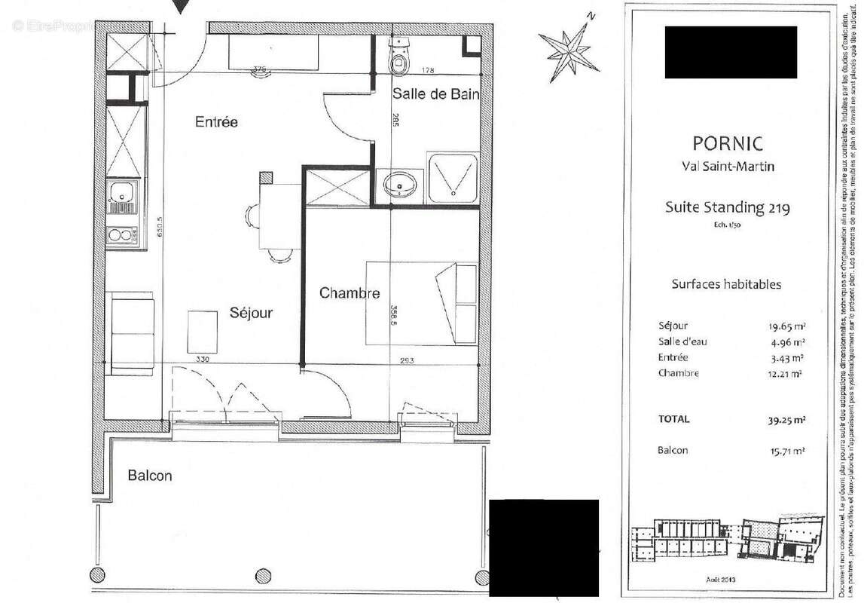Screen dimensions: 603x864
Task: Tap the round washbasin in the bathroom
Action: pyautogui.click(x=398, y=183)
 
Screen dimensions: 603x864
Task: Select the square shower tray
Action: pyautogui.click(x=453, y=179)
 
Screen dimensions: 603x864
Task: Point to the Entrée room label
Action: pyautogui.click(x=216, y=121)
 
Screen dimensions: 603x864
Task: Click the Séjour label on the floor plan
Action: pyautogui.click(x=251, y=313)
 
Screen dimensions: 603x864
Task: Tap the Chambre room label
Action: pyautogui.click(x=349, y=293)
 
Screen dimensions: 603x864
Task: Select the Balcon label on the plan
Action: pyautogui.click(x=149, y=476)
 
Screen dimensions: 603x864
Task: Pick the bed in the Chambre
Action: pyautogui.click(x=422, y=303)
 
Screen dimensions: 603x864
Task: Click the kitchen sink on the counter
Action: pyautogui.click(x=121, y=197)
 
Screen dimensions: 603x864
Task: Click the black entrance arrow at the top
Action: pyautogui.click(x=182, y=7)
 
